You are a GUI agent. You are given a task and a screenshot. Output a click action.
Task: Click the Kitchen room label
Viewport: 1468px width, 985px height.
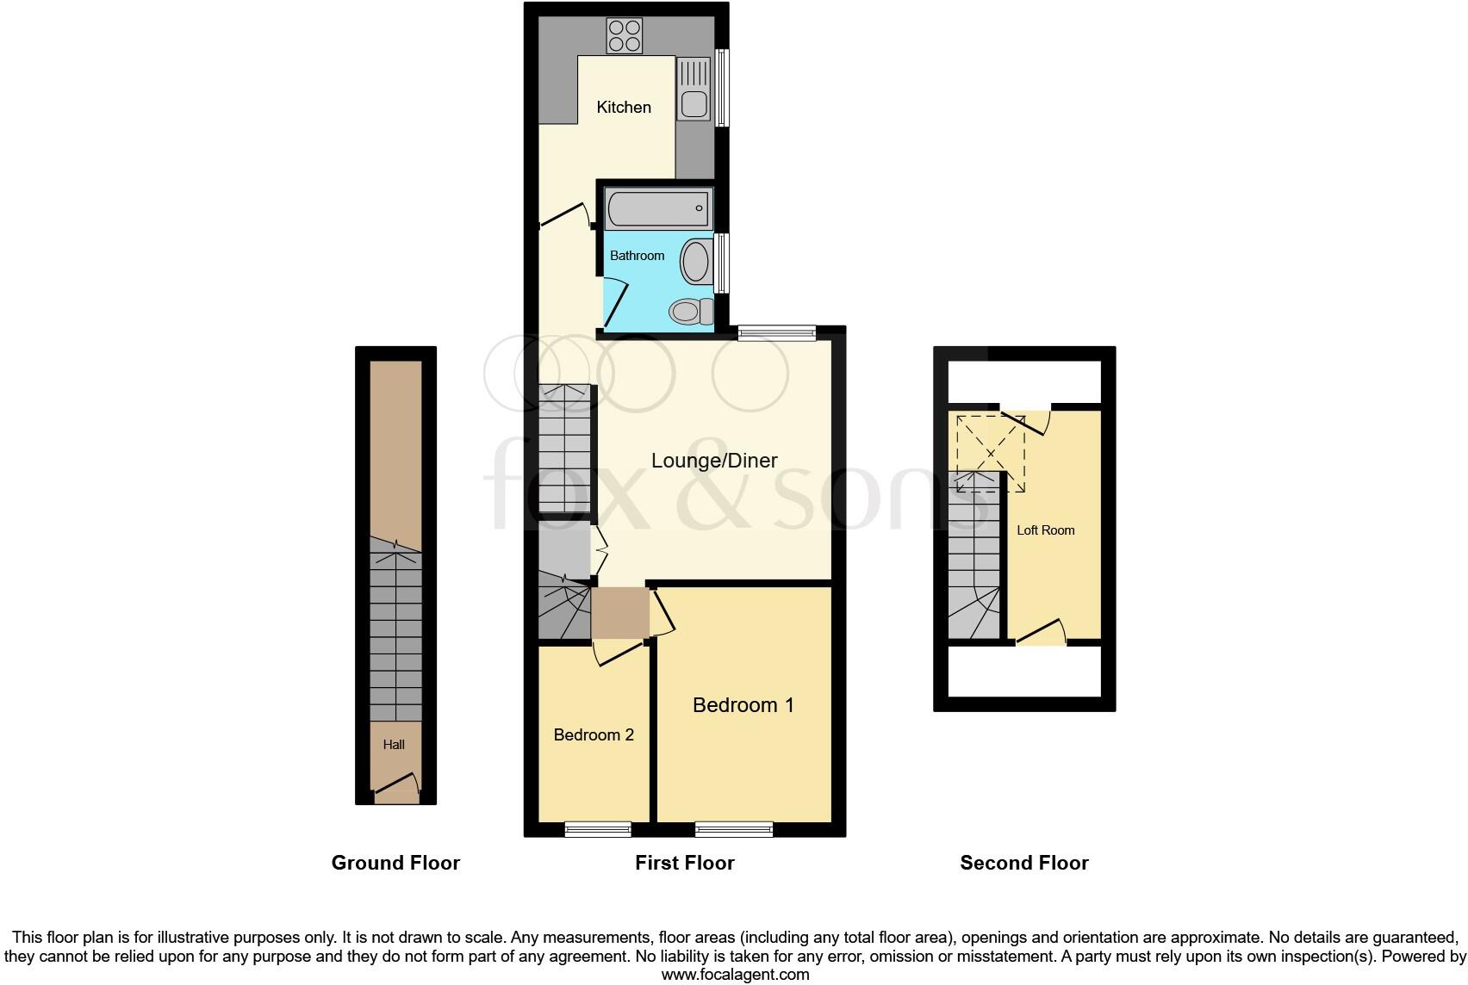click(x=624, y=108)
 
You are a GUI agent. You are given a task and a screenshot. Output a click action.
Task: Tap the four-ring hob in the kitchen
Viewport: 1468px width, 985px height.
click(x=625, y=36)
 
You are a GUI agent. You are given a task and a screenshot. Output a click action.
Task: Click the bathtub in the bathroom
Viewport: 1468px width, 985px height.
click(x=659, y=208)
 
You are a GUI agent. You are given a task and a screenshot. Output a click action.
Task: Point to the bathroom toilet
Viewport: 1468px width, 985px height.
click(x=691, y=311)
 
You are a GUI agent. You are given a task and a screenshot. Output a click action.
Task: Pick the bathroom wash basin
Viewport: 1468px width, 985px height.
click(x=695, y=262)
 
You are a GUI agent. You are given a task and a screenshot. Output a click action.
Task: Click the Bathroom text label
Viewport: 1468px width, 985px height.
click(x=637, y=256)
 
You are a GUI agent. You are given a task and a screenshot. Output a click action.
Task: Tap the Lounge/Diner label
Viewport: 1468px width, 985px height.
click(x=714, y=461)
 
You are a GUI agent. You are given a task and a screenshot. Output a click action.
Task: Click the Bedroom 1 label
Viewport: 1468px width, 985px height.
click(x=743, y=705)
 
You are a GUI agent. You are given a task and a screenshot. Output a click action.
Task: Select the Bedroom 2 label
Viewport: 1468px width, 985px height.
click(x=594, y=734)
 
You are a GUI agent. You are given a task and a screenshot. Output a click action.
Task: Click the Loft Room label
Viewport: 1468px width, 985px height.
click(x=1045, y=530)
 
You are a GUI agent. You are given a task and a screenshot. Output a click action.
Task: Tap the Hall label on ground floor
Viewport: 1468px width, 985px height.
click(x=394, y=745)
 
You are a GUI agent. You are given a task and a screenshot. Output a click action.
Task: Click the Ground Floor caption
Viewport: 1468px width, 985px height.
click(x=395, y=863)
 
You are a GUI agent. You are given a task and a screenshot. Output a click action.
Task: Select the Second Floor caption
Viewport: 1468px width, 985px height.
click(x=1023, y=863)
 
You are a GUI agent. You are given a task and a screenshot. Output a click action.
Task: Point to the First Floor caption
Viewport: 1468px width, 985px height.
click(x=684, y=863)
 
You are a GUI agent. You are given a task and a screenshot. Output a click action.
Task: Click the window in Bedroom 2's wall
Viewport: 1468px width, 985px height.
click(x=598, y=829)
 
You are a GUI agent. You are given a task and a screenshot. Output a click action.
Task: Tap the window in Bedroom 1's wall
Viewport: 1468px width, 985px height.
click(x=734, y=829)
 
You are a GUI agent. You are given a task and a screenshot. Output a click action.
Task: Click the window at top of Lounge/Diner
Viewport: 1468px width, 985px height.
click(x=777, y=332)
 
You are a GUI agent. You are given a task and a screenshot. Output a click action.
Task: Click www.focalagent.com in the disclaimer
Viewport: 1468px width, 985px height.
click(x=735, y=975)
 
